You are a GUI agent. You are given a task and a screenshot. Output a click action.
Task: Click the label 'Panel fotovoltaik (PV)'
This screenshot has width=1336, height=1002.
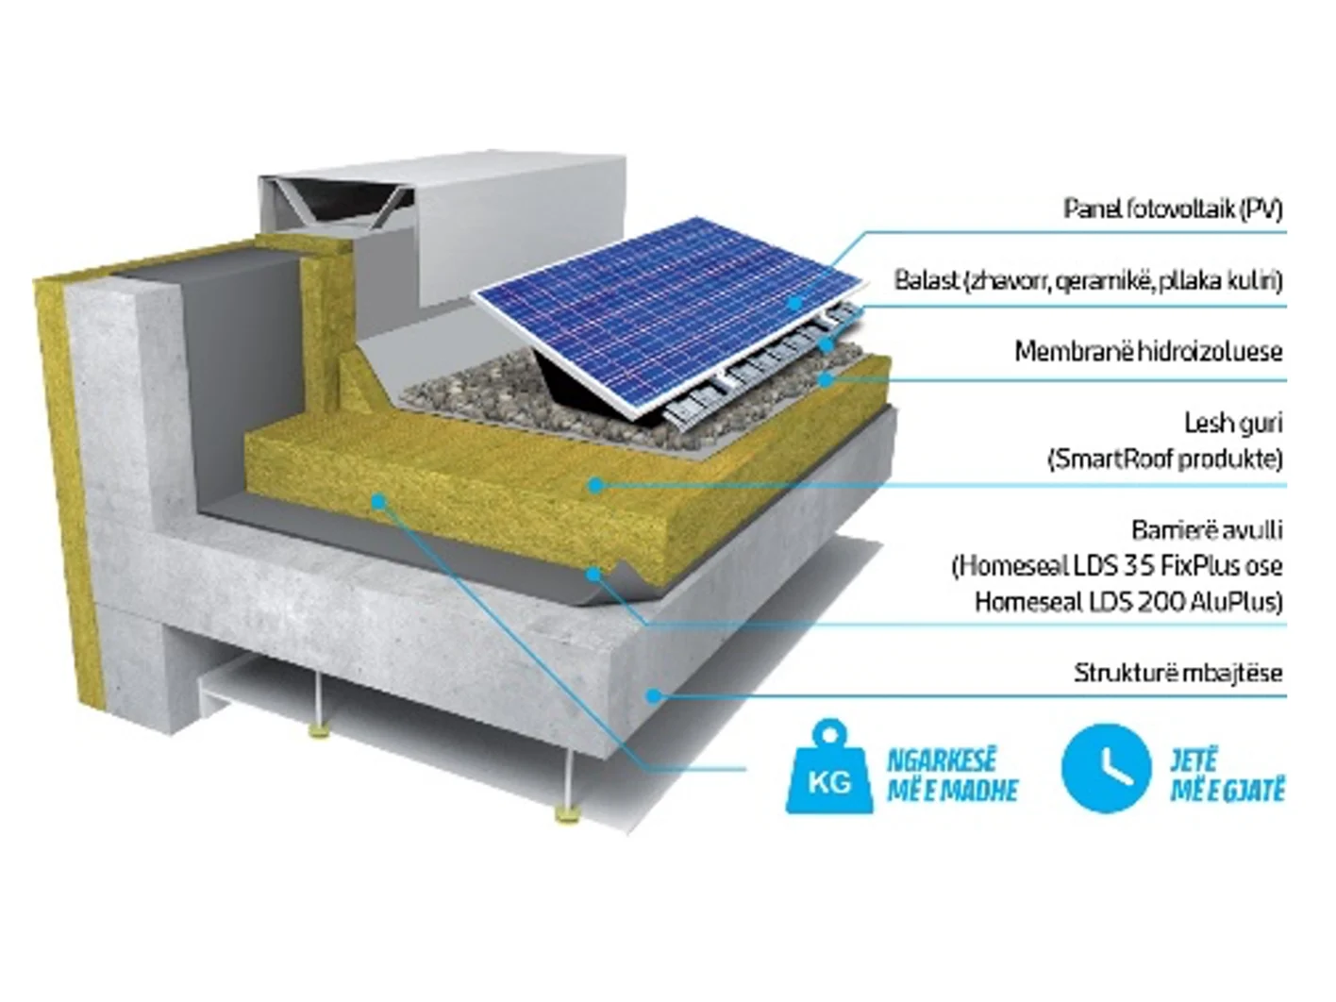point(1173,209)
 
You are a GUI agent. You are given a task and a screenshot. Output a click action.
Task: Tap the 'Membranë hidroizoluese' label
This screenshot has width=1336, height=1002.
point(1148,352)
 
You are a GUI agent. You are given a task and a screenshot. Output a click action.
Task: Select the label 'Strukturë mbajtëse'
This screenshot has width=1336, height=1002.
point(1178,673)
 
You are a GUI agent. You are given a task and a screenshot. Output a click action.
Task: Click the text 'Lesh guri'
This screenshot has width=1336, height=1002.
point(1233,424)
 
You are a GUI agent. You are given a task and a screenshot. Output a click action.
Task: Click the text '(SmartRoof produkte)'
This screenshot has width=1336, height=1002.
point(1165,459)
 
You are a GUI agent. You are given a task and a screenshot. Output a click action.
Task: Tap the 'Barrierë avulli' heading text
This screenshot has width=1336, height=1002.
point(1207,530)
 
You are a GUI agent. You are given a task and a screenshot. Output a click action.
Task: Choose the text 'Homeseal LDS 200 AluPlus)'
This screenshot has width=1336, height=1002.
point(1129,602)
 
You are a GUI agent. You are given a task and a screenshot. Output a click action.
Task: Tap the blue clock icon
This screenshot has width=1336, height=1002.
point(1106,768)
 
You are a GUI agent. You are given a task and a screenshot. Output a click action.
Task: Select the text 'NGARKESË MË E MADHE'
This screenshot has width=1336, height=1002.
point(953,777)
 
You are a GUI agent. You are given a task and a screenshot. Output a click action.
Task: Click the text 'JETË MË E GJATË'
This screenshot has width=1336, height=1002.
point(1227,777)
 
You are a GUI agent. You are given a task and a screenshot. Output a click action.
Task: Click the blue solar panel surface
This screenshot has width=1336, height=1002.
point(670,316)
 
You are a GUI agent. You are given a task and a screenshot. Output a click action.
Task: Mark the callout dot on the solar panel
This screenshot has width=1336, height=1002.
point(794,302)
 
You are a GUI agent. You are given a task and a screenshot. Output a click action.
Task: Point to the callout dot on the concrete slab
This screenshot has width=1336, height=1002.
point(654,695)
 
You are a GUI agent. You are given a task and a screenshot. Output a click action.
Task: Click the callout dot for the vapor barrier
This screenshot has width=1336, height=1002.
point(593,574)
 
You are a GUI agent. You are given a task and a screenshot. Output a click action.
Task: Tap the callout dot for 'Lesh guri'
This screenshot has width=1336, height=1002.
point(596,485)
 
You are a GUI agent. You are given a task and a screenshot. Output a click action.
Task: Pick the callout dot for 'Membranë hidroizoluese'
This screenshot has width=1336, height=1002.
point(826,380)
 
